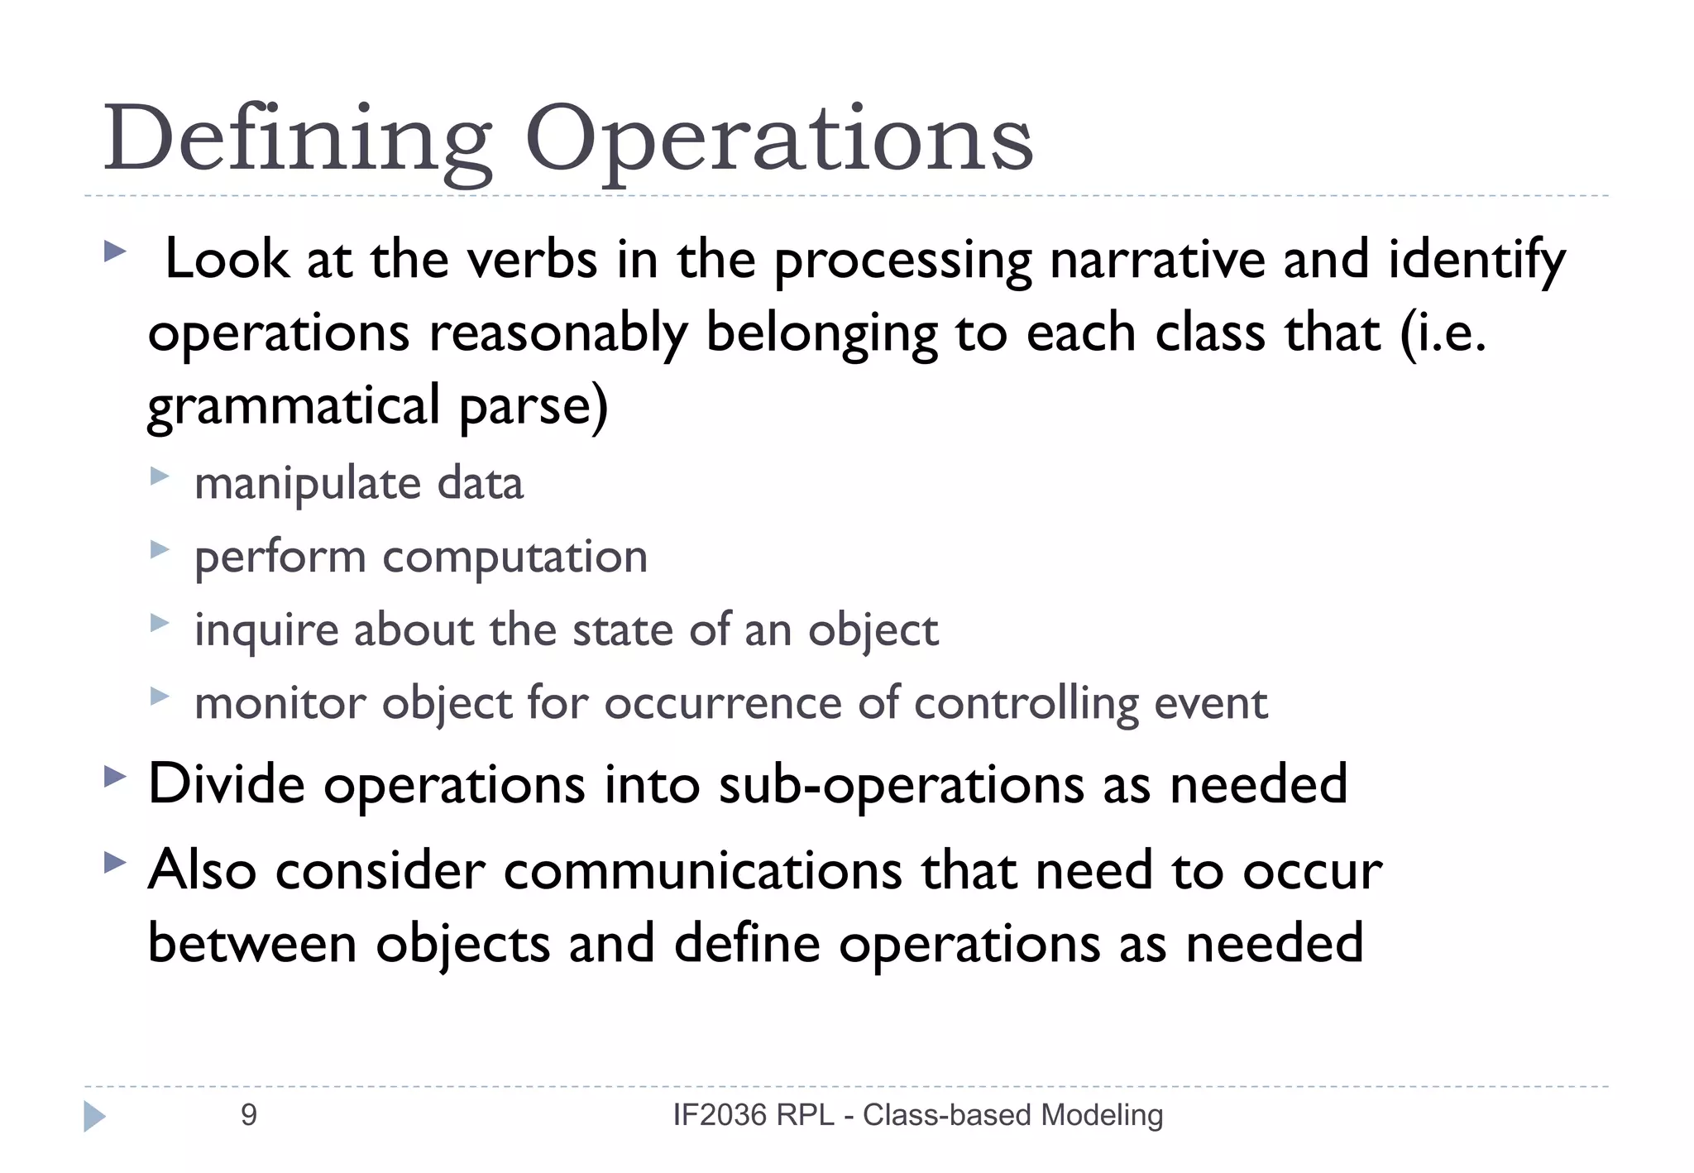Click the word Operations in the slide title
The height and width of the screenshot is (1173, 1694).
click(778, 139)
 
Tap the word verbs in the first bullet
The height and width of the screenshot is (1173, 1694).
click(532, 260)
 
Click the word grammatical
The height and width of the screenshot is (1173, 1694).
click(293, 406)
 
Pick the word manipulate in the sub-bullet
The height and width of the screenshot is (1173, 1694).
click(307, 485)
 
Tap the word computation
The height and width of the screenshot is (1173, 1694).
click(514, 558)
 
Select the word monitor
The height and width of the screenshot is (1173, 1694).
click(280, 704)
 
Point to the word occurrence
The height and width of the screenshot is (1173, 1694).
click(721, 704)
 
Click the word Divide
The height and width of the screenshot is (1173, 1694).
click(227, 783)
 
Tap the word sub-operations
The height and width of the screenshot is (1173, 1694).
click(901, 785)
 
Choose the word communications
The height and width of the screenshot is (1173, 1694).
click(702, 871)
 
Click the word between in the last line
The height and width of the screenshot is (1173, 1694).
click(251, 944)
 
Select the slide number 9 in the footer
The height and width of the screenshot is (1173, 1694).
click(248, 1115)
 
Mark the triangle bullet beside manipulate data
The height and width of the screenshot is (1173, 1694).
click(160, 476)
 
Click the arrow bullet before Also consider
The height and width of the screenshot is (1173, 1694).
click(115, 864)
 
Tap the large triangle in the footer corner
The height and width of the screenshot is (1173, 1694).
click(94, 1116)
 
